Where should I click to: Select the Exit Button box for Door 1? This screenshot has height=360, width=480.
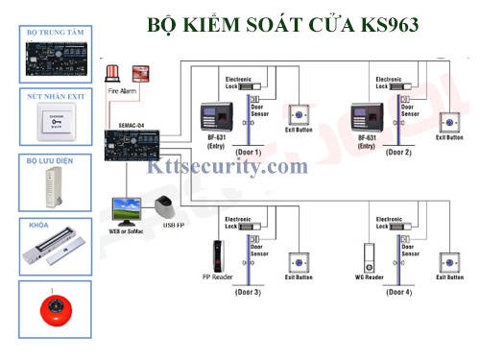point(300,120)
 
